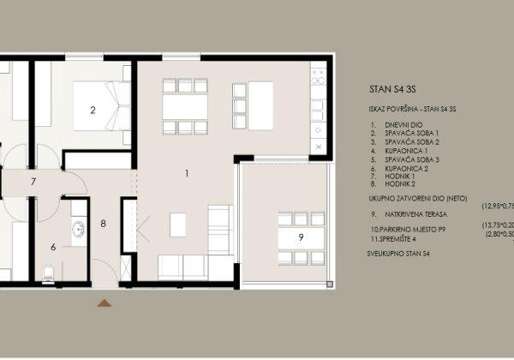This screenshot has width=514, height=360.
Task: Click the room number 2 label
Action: [x=93, y=110]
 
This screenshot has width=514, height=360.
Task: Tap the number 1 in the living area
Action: [x=186, y=173]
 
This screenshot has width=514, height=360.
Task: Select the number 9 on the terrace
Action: [x=301, y=237]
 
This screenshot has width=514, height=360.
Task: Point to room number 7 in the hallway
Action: [x=33, y=182]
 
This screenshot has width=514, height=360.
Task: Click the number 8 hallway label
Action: [x=103, y=225]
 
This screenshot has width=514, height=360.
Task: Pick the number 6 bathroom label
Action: [x=53, y=247]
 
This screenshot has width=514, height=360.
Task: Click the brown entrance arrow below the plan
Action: [x=105, y=302]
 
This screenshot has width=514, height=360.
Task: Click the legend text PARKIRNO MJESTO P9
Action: [x=411, y=231]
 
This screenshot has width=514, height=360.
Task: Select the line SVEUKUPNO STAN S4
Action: [x=397, y=255]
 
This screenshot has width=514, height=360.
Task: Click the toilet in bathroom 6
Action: [x=48, y=273]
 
